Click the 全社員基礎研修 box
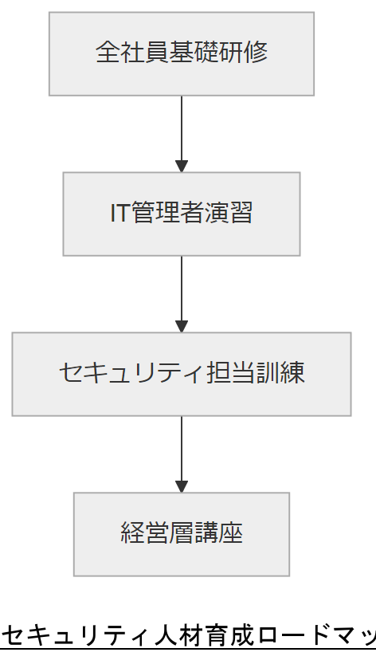182,53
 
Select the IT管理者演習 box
182,214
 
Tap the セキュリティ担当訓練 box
182,374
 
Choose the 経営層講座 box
182,534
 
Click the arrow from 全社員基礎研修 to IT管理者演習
182,132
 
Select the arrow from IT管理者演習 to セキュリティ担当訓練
182,292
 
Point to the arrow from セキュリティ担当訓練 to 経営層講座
182,452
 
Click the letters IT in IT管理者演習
120,214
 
